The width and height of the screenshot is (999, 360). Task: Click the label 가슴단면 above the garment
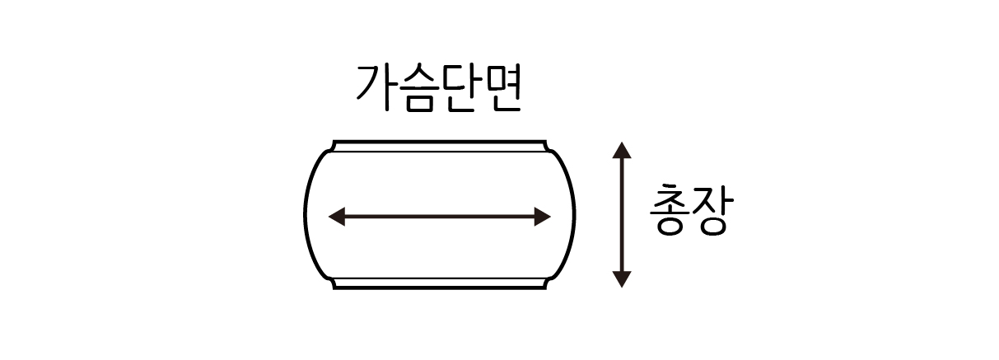point(439,88)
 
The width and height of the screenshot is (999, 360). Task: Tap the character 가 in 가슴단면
point(375,88)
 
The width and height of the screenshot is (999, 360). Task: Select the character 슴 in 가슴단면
point(418,88)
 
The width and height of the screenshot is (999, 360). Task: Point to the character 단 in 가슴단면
point(460,88)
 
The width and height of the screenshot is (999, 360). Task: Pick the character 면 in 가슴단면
point(502,88)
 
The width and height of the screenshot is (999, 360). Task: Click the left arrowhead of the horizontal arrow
point(337,217)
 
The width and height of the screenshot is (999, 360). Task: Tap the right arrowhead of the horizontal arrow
point(542,217)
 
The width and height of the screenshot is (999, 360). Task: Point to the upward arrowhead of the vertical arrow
point(622,150)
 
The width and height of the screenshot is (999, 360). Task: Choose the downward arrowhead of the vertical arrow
point(622,279)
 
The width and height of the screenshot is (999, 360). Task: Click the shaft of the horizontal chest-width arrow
point(440,217)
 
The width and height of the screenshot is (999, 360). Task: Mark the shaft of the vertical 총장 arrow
point(622,214)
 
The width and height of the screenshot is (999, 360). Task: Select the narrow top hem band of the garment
point(440,147)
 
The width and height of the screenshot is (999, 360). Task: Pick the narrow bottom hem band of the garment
point(440,283)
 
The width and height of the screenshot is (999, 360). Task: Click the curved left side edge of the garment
point(305,215)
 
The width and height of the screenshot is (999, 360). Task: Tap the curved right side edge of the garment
point(574,215)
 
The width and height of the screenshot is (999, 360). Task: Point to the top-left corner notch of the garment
point(333,147)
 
